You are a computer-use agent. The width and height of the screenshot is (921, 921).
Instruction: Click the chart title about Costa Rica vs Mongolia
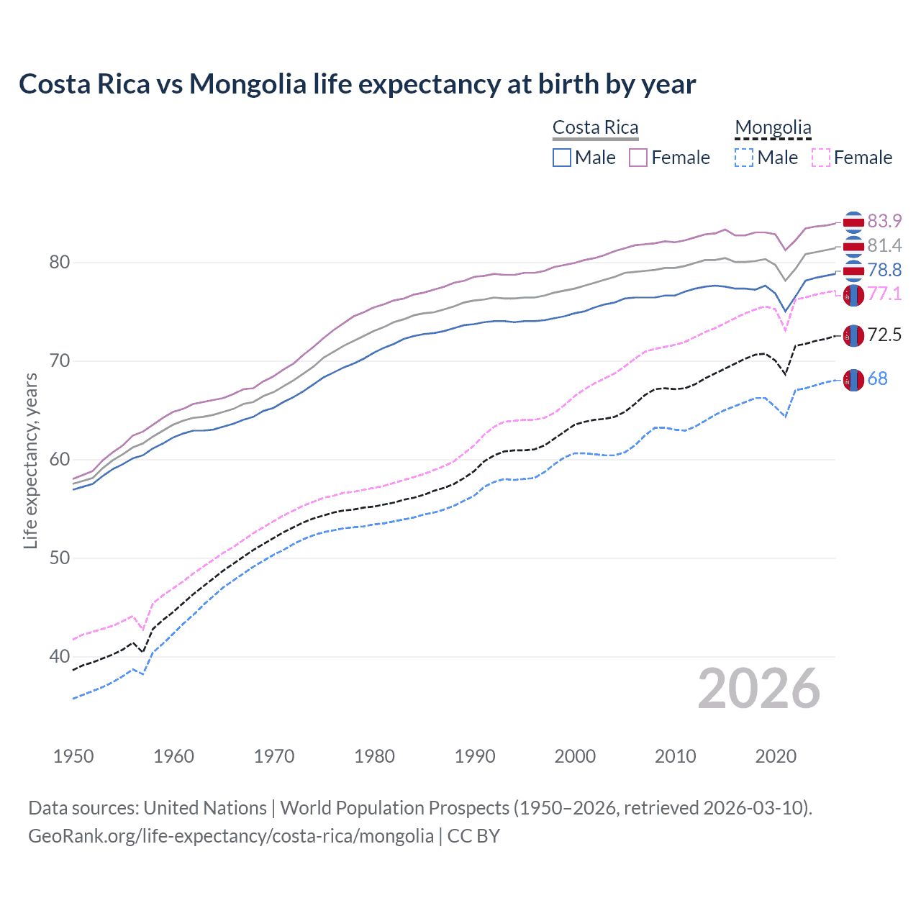click(x=357, y=84)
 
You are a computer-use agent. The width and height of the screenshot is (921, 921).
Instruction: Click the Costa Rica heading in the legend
click(x=595, y=128)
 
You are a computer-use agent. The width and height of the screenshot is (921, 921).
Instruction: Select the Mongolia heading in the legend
click(x=773, y=128)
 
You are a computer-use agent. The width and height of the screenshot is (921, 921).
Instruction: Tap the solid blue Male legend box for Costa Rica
click(x=562, y=158)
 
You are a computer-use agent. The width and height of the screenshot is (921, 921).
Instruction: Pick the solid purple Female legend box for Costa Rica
click(x=639, y=158)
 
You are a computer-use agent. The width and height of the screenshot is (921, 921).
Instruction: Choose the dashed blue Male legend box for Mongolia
click(x=744, y=158)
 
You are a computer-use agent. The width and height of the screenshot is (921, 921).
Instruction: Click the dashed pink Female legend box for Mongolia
click(x=821, y=158)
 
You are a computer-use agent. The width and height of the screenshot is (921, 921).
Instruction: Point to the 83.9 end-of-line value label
click(x=884, y=221)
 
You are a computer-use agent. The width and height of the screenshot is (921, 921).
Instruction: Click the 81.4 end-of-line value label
click(x=884, y=245)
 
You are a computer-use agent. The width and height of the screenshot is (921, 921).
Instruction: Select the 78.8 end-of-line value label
click(x=884, y=270)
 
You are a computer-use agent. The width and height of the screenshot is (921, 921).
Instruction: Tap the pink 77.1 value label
click(x=884, y=294)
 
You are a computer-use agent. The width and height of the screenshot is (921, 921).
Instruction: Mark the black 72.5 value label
click(x=884, y=335)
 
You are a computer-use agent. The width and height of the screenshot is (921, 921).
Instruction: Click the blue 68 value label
click(x=877, y=378)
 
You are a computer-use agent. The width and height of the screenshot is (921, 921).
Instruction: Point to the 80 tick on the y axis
click(x=60, y=262)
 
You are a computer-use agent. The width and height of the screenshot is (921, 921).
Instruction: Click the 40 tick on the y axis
click(x=60, y=656)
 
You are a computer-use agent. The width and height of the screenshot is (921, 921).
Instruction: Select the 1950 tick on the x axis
click(x=73, y=756)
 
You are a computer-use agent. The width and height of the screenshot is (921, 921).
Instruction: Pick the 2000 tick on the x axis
click(x=575, y=756)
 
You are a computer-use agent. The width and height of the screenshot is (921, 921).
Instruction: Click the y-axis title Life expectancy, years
click(x=30, y=460)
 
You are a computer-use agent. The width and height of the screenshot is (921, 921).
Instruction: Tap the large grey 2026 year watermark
click(x=759, y=689)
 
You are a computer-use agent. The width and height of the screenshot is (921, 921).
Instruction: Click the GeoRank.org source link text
click(x=231, y=836)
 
